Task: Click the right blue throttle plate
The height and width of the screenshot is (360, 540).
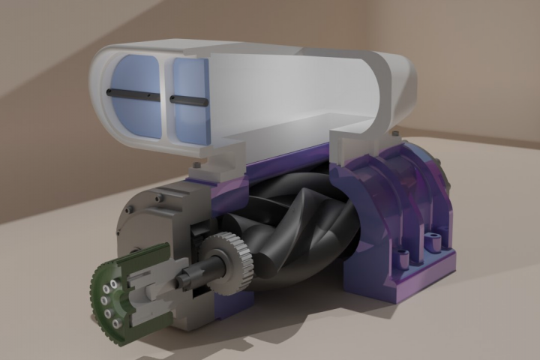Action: tap(189, 116)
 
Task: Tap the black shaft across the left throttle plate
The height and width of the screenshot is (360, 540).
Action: tap(132, 94)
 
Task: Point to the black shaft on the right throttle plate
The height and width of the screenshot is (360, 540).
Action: tap(187, 99)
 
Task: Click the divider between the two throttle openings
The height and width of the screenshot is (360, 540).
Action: tap(166, 97)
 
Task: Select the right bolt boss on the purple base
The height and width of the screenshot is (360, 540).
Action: tap(431, 242)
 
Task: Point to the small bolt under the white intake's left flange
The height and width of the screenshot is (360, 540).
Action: tap(196, 164)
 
